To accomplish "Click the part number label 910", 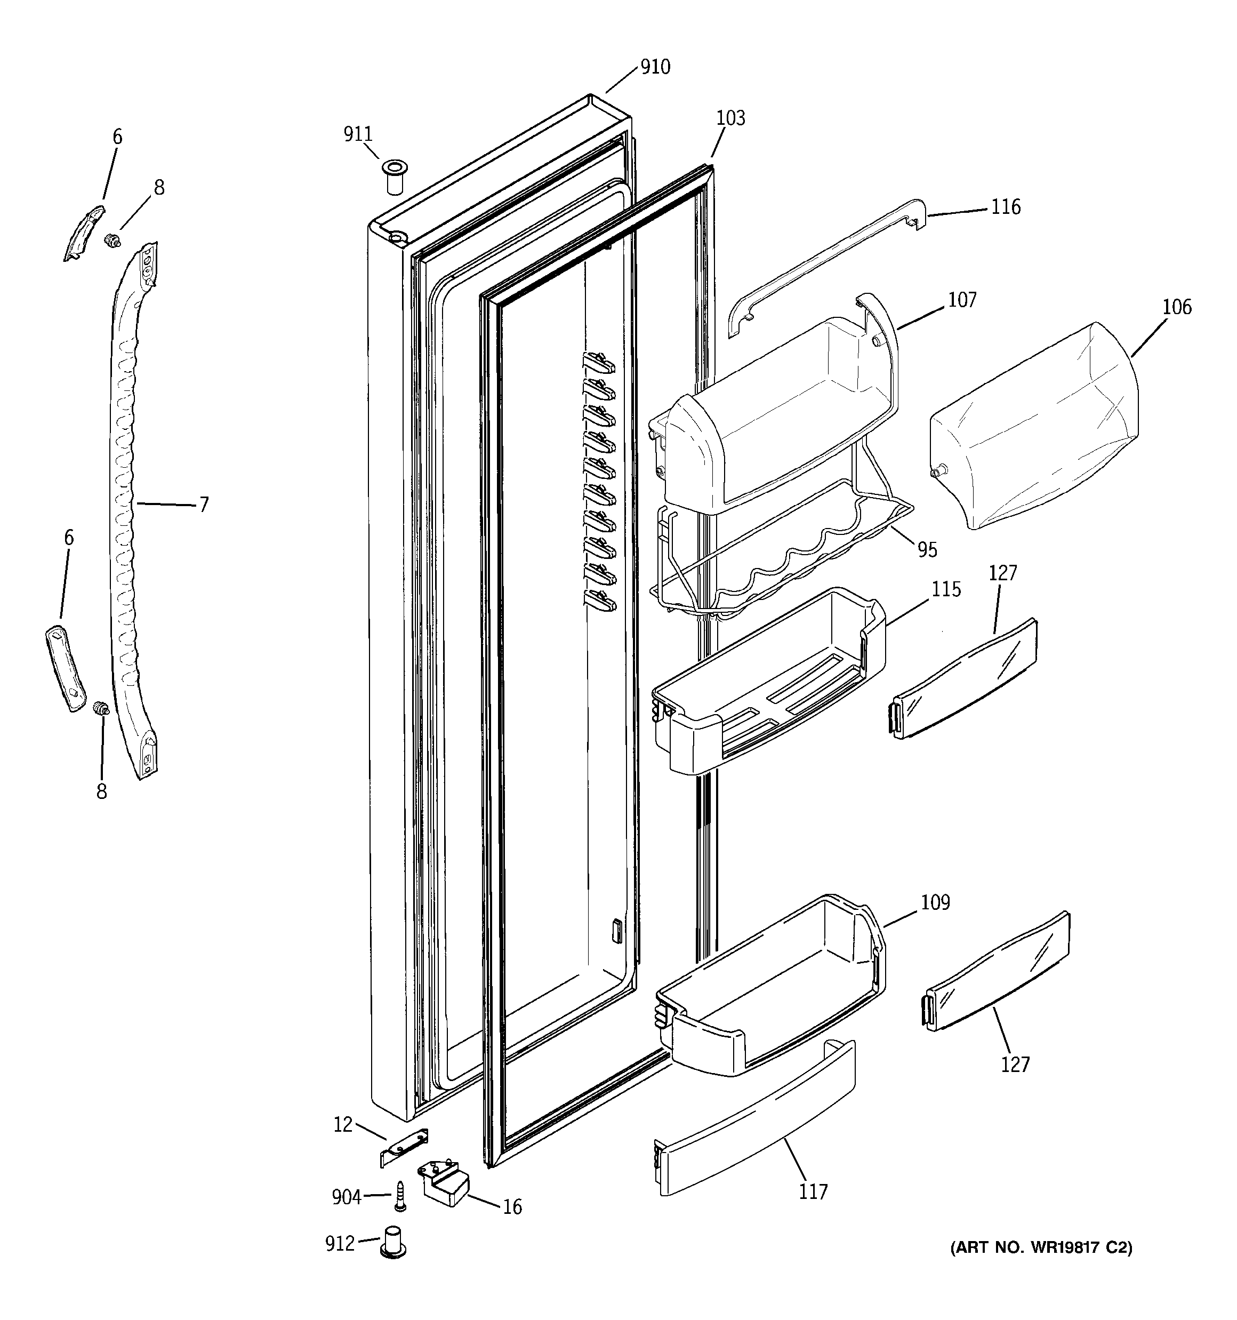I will tap(655, 67).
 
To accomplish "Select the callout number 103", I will tap(730, 118).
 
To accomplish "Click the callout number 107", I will tap(961, 300).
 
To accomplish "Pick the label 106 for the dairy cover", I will tap(1177, 307).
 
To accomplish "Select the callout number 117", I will tap(813, 1192).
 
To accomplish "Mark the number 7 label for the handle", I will tap(204, 505).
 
